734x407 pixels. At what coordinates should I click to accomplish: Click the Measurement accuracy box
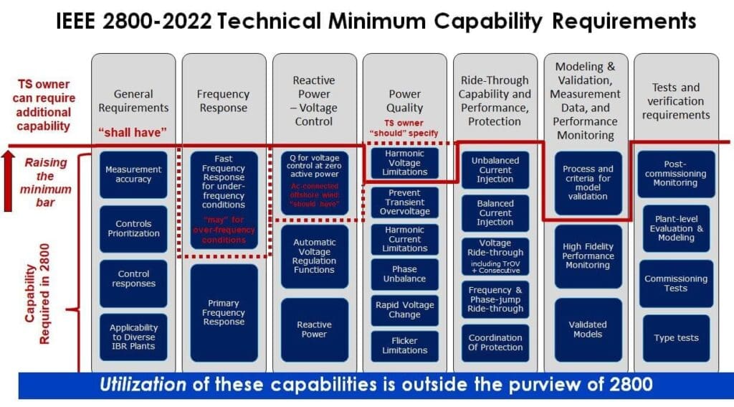133,174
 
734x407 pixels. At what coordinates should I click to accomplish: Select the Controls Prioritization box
133,228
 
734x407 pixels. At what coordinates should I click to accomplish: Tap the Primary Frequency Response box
224,313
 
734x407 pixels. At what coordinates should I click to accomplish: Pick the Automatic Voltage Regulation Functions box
314,256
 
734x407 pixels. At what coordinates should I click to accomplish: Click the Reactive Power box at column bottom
314,329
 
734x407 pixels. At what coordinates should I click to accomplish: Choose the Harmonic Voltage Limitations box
404,162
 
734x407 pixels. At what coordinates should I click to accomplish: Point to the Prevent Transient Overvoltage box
404,202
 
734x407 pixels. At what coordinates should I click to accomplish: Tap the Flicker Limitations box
404,345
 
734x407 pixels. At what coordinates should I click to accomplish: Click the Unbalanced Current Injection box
495,170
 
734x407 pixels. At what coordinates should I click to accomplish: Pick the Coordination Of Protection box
495,342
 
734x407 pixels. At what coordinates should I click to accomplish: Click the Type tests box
676,337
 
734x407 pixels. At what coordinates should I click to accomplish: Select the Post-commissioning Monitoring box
676,173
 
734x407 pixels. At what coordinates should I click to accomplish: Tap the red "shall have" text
133,132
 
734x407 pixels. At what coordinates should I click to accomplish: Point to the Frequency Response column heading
223,101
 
